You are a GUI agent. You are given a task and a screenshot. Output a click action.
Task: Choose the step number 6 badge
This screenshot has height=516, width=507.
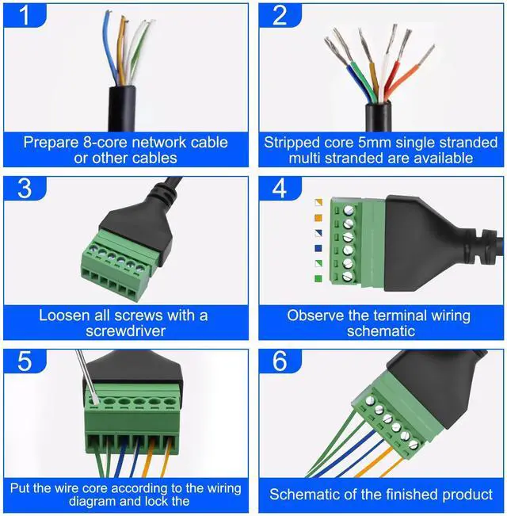(x=278, y=362)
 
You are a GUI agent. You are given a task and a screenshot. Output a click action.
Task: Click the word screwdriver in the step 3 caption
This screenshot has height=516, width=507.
(x=124, y=331)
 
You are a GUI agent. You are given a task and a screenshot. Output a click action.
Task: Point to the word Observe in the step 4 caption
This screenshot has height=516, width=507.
(x=316, y=315)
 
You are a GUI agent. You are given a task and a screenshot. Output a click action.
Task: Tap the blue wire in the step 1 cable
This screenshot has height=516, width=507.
(x=110, y=48)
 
